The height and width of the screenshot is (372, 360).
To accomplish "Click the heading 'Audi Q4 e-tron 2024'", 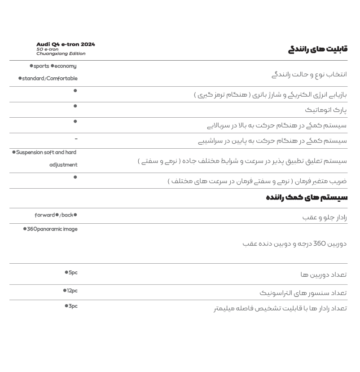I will (66, 44).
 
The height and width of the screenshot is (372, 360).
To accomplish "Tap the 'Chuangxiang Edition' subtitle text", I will (61, 53).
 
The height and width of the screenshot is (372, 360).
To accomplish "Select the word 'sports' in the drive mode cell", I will (41, 66).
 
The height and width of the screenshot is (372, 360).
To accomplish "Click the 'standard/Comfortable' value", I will (49, 79).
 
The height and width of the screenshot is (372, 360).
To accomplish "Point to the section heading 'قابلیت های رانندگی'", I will (318, 49).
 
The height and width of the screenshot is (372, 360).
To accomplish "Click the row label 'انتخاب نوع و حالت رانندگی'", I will (309, 74).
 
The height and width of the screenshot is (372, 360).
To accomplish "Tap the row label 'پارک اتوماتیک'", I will (326, 110).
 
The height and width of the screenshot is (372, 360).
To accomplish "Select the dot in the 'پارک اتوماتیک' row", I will (75, 106).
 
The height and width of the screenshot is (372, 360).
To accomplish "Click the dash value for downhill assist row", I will (76, 139).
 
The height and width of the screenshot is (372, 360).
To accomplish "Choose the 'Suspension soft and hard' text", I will (46, 152).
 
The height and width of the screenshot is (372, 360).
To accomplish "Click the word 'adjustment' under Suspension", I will (63, 165).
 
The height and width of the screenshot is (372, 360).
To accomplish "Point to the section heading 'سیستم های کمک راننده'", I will (307, 198).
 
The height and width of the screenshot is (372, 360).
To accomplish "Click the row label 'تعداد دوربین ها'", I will (324, 275).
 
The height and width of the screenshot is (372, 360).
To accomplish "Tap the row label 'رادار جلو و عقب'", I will (325, 217).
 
